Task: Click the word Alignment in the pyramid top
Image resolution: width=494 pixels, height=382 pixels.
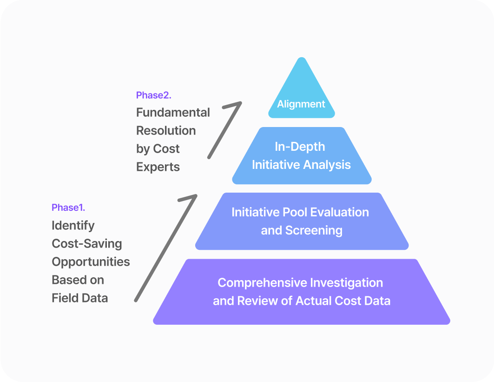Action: [301, 104]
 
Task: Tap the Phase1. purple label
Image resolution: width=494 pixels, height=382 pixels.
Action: [68, 207]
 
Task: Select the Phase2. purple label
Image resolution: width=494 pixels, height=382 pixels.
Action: [154, 95]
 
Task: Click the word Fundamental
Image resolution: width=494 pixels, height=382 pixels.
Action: [173, 113]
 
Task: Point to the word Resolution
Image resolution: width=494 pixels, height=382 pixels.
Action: [166, 131]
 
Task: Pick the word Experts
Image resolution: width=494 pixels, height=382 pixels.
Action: [158, 167]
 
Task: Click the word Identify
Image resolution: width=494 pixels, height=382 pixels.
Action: [73, 226]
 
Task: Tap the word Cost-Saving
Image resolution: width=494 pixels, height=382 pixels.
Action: [87, 244]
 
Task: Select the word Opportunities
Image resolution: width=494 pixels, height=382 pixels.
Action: [91, 262]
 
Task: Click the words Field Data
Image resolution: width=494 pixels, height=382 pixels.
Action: [80, 298]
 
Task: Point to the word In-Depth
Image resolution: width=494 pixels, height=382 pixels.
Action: [300, 147]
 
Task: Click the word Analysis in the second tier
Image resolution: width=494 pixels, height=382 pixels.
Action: [328, 165]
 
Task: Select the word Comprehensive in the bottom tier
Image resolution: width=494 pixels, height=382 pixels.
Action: [260, 283]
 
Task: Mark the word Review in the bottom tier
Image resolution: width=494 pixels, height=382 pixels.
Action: [253, 301]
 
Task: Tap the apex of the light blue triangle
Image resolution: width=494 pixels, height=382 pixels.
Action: [302, 59]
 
